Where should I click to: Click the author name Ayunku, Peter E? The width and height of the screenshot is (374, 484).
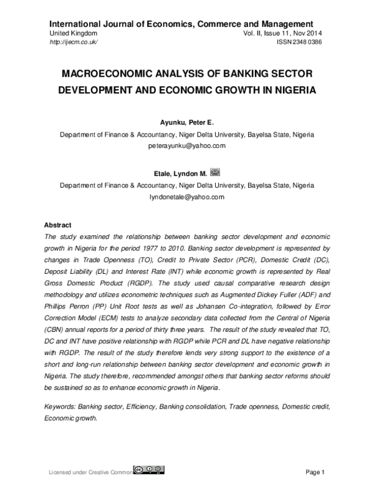pos(186,123)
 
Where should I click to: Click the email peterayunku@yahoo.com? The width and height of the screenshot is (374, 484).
pos(186,145)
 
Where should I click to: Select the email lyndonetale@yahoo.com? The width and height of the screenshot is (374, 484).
pos(186,196)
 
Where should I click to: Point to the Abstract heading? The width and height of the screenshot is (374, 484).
pos(57,225)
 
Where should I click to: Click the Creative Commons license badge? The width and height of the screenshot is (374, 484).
pos(148,470)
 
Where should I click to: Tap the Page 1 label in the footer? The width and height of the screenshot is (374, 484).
pos(315,471)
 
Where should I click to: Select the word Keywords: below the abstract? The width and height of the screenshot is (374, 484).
pos(60,406)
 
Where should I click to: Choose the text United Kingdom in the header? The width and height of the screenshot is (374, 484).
pos(73,32)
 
